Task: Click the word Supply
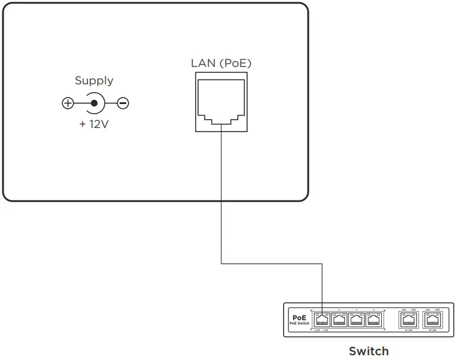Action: (94, 80)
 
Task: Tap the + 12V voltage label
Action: (95, 126)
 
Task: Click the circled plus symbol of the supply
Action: (68, 103)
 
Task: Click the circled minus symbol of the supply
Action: (123, 103)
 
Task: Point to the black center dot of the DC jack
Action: (94, 103)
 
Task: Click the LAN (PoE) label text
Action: (221, 63)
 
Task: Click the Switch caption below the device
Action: (369, 351)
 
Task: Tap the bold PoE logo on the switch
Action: (299, 318)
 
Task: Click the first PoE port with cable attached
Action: (322, 320)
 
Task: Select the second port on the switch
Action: (339, 320)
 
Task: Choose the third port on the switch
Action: (356, 320)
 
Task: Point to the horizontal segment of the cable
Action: (272, 263)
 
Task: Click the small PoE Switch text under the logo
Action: (299, 324)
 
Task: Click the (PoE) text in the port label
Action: (235, 63)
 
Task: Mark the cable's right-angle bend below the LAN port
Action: (221, 263)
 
